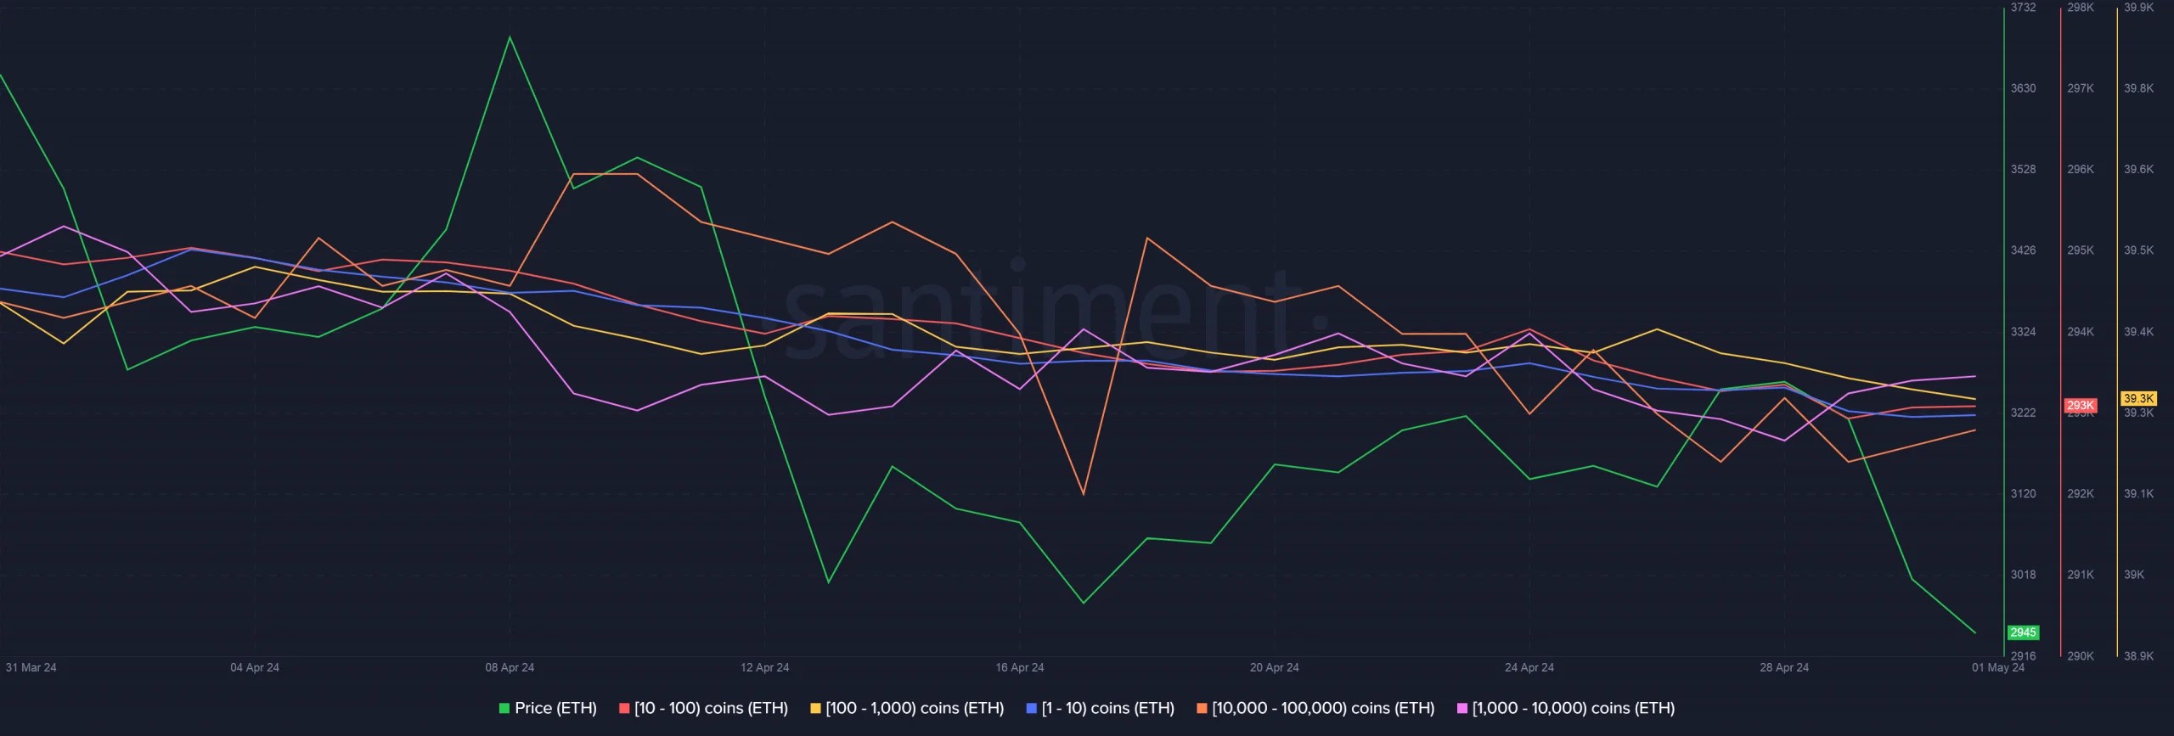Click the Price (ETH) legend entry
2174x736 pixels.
coord(548,708)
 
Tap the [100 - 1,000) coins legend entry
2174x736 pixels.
coord(907,708)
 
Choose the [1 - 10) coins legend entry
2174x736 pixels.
coord(1100,708)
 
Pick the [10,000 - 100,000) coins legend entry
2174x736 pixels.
coord(1315,708)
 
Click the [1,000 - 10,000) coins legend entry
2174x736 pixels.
coord(1566,708)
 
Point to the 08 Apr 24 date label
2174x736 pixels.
coord(510,667)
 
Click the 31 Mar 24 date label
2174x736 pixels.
coord(31,667)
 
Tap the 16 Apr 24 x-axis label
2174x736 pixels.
coord(1020,667)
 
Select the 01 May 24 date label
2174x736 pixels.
coord(1998,667)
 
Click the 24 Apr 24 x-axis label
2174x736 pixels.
coord(1529,667)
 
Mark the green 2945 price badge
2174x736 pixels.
coord(2023,632)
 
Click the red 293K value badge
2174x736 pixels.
coord(2080,406)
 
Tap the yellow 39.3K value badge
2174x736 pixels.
coord(2138,399)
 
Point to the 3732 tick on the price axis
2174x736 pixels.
coord(2023,8)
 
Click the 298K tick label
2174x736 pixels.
coord(2081,8)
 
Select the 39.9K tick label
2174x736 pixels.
coord(2138,8)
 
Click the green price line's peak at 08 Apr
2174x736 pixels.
coord(510,37)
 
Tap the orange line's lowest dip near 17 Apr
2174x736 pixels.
coord(1083,494)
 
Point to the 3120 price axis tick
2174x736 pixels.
coord(2023,494)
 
